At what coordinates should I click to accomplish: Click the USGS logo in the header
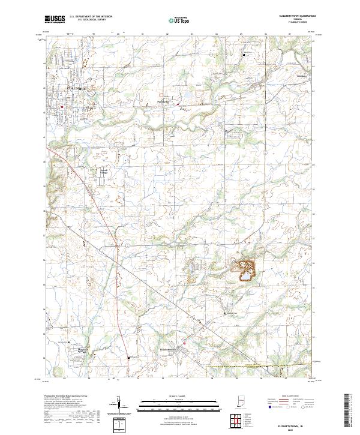(55, 19)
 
